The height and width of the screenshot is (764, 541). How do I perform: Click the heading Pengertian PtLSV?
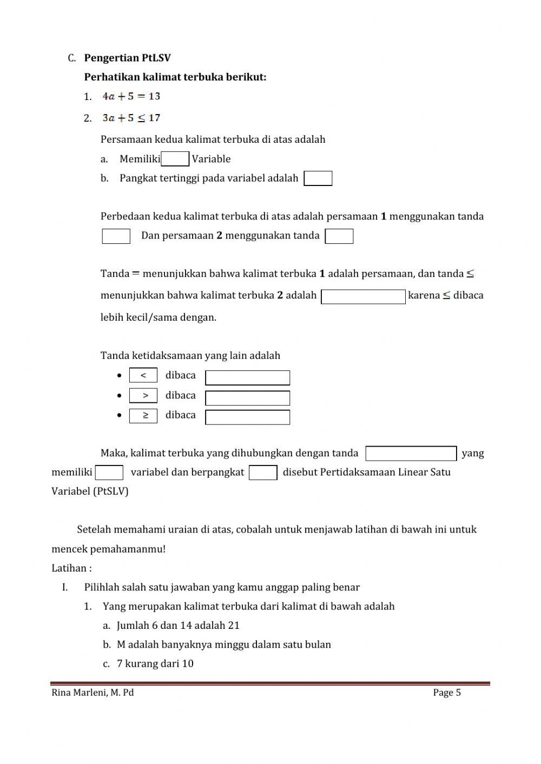[127, 58]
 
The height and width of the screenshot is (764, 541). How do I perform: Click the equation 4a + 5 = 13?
[131, 96]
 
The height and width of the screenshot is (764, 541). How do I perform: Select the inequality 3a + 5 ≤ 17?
[131, 118]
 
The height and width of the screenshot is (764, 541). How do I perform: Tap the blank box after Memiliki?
[175, 159]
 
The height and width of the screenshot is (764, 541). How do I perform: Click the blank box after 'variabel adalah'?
[318, 178]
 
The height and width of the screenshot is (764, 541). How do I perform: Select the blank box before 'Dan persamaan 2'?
[116, 236]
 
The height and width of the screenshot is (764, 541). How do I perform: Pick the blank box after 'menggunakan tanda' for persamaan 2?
[339, 236]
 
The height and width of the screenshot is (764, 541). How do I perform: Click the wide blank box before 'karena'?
[363, 297]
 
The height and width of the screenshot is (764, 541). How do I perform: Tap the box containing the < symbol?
[143, 375]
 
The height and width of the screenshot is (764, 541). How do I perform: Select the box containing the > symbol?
[143, 396]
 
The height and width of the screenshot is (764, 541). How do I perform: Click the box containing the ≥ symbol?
[143, 416]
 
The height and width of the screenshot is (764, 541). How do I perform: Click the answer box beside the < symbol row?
[248, 377]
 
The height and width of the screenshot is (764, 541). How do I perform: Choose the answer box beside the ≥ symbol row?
[248, 417]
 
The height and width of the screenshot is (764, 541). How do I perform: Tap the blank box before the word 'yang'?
[411, 454]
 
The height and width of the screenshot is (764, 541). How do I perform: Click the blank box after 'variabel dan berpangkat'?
[263, 473]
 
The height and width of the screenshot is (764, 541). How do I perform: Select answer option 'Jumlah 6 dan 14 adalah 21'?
[178, 626]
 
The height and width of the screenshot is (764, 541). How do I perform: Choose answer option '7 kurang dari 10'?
[155, 664]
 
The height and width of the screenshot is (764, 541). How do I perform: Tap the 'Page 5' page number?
[447, 693]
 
